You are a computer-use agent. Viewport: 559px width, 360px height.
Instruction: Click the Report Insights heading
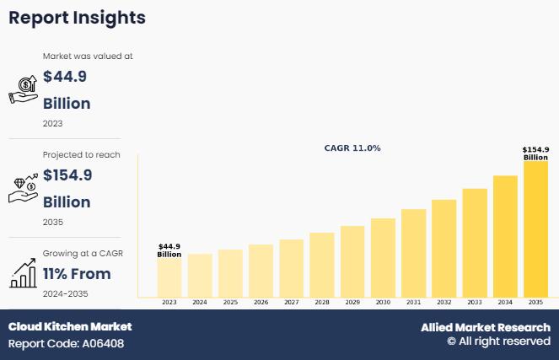77,18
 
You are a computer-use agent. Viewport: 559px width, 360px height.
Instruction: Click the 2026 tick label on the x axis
261,302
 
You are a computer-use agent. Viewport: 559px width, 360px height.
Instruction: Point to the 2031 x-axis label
413,302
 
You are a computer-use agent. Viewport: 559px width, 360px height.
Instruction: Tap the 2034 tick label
505,302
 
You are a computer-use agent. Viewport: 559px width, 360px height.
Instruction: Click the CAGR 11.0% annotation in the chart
352,148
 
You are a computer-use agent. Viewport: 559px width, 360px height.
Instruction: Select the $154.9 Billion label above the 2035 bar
535,153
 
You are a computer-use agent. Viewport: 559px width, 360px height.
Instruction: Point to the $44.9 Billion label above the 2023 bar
169,250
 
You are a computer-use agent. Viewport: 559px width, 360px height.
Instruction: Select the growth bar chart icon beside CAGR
22,273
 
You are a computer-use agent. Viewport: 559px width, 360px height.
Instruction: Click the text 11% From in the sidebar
77,274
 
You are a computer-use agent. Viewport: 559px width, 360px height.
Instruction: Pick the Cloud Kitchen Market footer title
70,326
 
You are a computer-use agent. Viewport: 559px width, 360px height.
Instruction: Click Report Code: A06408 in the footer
67,343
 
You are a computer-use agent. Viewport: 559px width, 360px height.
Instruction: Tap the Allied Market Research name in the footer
486,327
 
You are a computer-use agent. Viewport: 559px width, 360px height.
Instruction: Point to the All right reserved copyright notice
498,341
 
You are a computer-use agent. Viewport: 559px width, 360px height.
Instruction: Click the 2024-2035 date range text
65,293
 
